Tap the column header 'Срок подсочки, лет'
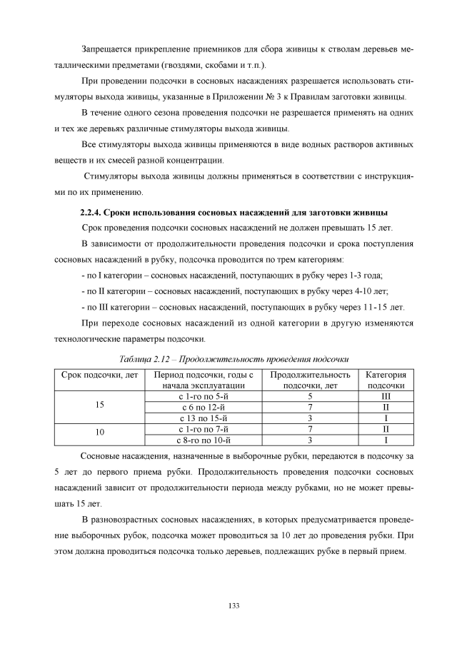[99, 375]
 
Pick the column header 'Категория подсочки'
[386, 380]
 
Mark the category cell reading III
[386, 395]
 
